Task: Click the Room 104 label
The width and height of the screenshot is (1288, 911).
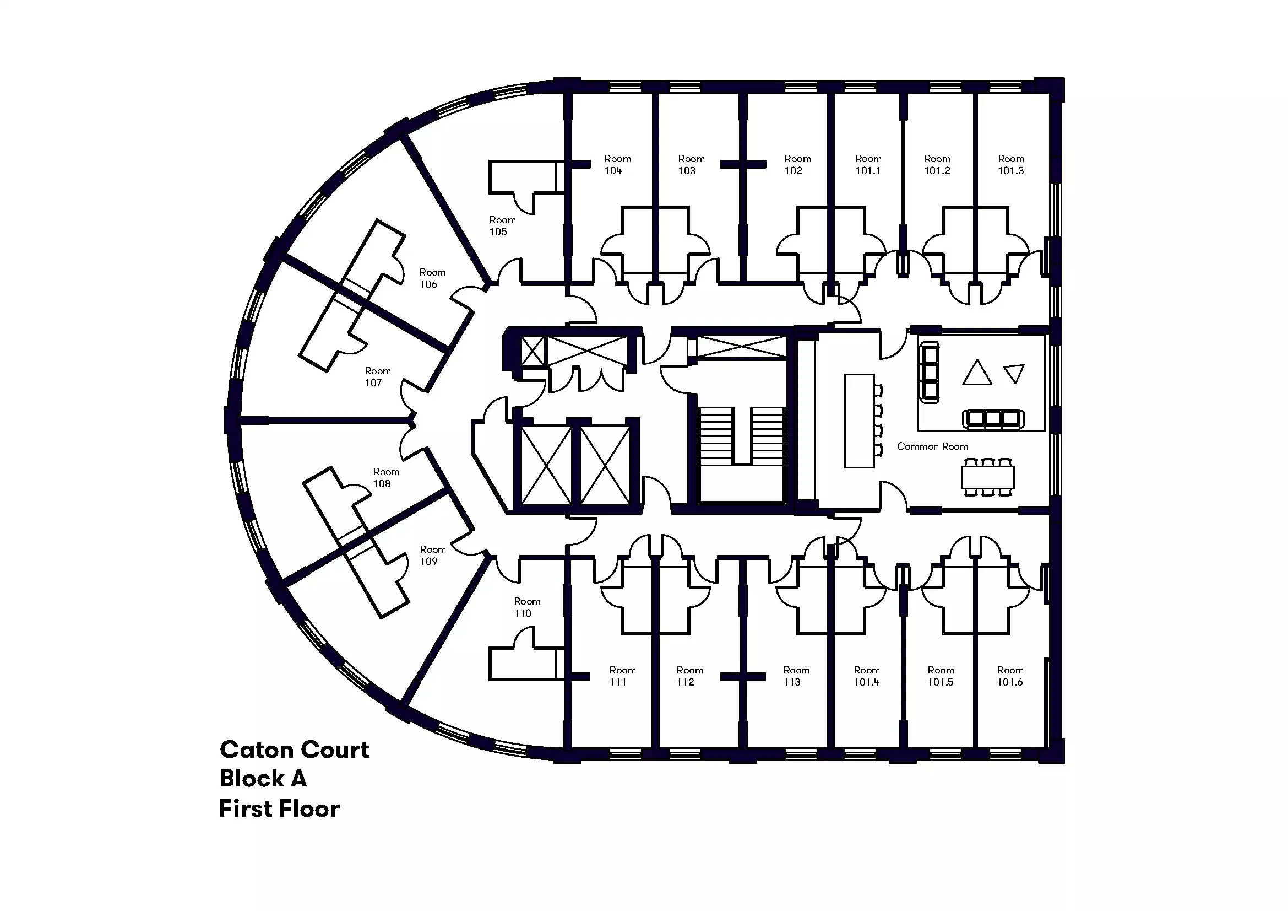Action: point(617,165)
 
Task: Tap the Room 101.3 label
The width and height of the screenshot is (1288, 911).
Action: point(1011,165)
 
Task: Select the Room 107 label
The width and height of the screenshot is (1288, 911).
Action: point(378,376)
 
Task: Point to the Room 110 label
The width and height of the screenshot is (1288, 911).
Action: point(527,607)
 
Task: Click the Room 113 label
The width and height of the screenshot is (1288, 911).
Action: point(796,676)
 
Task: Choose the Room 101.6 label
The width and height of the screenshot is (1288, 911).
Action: point(1010,676)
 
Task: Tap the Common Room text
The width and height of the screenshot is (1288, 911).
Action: point(932,447)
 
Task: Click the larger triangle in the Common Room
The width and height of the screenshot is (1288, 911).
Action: point(977,374)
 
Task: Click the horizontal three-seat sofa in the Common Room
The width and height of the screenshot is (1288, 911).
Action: point(993,419)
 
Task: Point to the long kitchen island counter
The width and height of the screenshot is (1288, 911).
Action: point(860,421)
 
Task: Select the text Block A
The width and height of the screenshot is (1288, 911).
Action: point(263,779)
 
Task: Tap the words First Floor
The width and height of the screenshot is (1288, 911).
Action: point(279,809)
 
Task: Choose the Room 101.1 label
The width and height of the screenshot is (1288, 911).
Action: point(868,165)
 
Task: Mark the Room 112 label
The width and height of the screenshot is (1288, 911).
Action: point(689,676)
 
